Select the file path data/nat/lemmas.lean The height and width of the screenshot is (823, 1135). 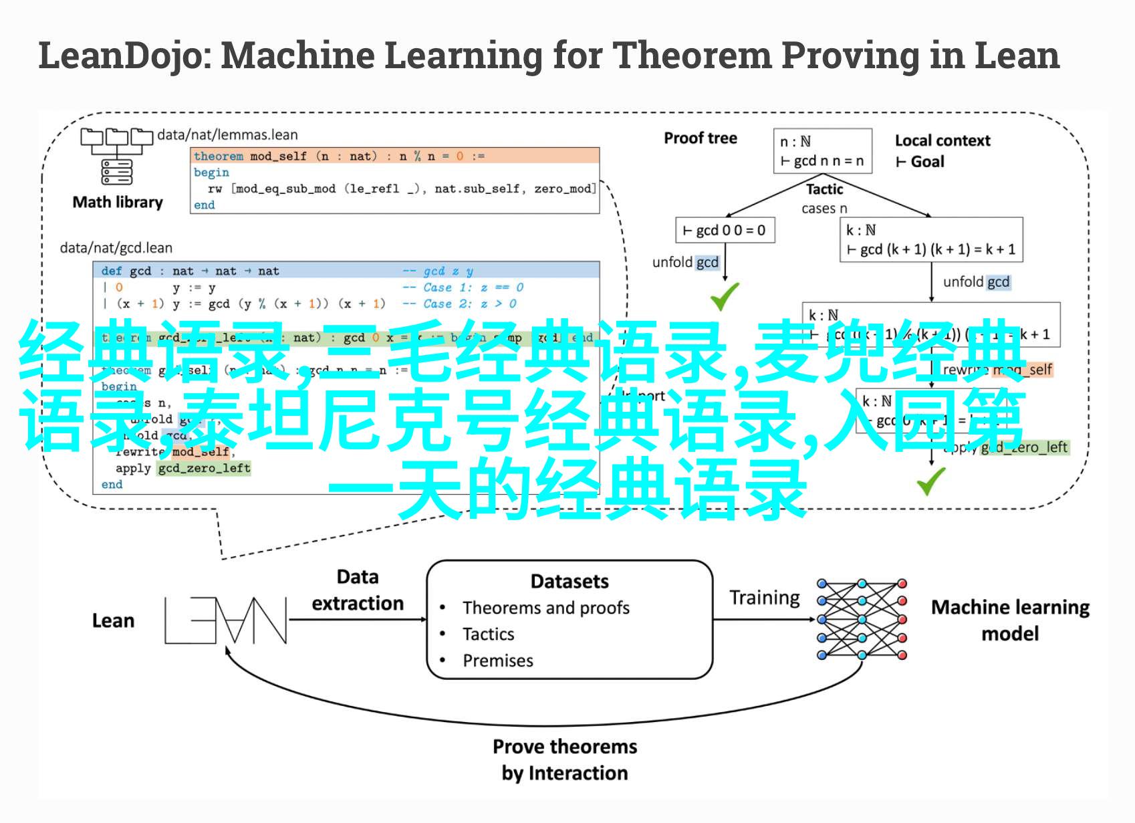coord(227,135)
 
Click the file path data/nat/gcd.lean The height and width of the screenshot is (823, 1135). coord(116,248)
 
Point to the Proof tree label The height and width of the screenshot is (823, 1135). coord(700,138)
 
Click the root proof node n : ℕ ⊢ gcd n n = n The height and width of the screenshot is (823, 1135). coord(822,151)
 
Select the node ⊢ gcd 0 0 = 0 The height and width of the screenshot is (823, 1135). coord(725,231)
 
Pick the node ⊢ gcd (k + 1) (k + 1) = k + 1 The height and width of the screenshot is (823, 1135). coord(930,239)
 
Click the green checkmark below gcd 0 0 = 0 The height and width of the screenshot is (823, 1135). coord(724,296)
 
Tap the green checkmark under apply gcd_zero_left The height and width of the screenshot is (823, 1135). coord(930,481)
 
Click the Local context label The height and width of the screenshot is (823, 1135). coord(942,140)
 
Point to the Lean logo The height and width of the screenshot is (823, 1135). coord(225,620)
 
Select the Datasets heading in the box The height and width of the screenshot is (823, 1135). coord(570,582)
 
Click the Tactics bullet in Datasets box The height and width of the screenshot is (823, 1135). coord(489,634)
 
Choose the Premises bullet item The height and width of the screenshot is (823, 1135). coord(498,661)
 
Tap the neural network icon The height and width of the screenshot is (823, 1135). coord(862,620)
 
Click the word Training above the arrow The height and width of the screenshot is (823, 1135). coord(764,597)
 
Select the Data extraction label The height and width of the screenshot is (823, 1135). coord(358,590)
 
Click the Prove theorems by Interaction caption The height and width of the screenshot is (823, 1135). coord(565,759)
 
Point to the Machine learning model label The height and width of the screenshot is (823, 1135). coord(1010,620)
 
